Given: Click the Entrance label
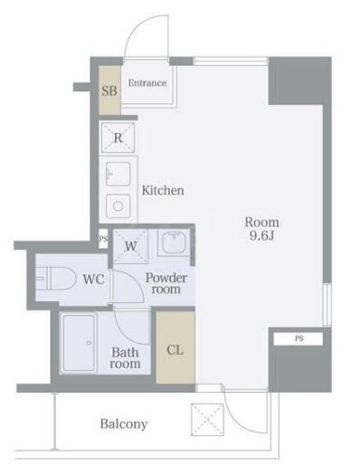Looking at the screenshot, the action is [x=147, y=83].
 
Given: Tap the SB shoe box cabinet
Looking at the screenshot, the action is [x=109, y=90].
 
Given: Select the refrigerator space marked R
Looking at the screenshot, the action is [x=118, y=138].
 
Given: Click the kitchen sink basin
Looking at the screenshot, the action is [x=118, y=174].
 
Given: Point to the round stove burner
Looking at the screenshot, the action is [x=118, y=206].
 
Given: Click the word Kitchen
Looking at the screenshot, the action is [x=163, y=190].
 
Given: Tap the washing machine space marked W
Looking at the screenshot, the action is [x=130, y=246].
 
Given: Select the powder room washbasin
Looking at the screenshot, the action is [x=174, y=243].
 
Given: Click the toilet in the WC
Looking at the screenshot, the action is [x=56, y=279].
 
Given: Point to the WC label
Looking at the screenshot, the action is [x=94, y=280].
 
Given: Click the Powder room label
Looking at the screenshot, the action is [x=166, y=283].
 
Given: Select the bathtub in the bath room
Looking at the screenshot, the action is [x=79, y=343].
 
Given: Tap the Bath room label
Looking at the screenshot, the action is [x=125, y=358].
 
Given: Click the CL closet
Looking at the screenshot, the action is [x=175, y=347].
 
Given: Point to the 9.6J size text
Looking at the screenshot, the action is [x=261, y=235].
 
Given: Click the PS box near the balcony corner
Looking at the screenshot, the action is [x=298, y=338].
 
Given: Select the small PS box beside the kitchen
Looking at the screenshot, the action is [x=103, y=239].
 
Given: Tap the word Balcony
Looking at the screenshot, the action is [x=124, y=424].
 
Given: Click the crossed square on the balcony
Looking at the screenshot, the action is [x=207, y=420].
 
